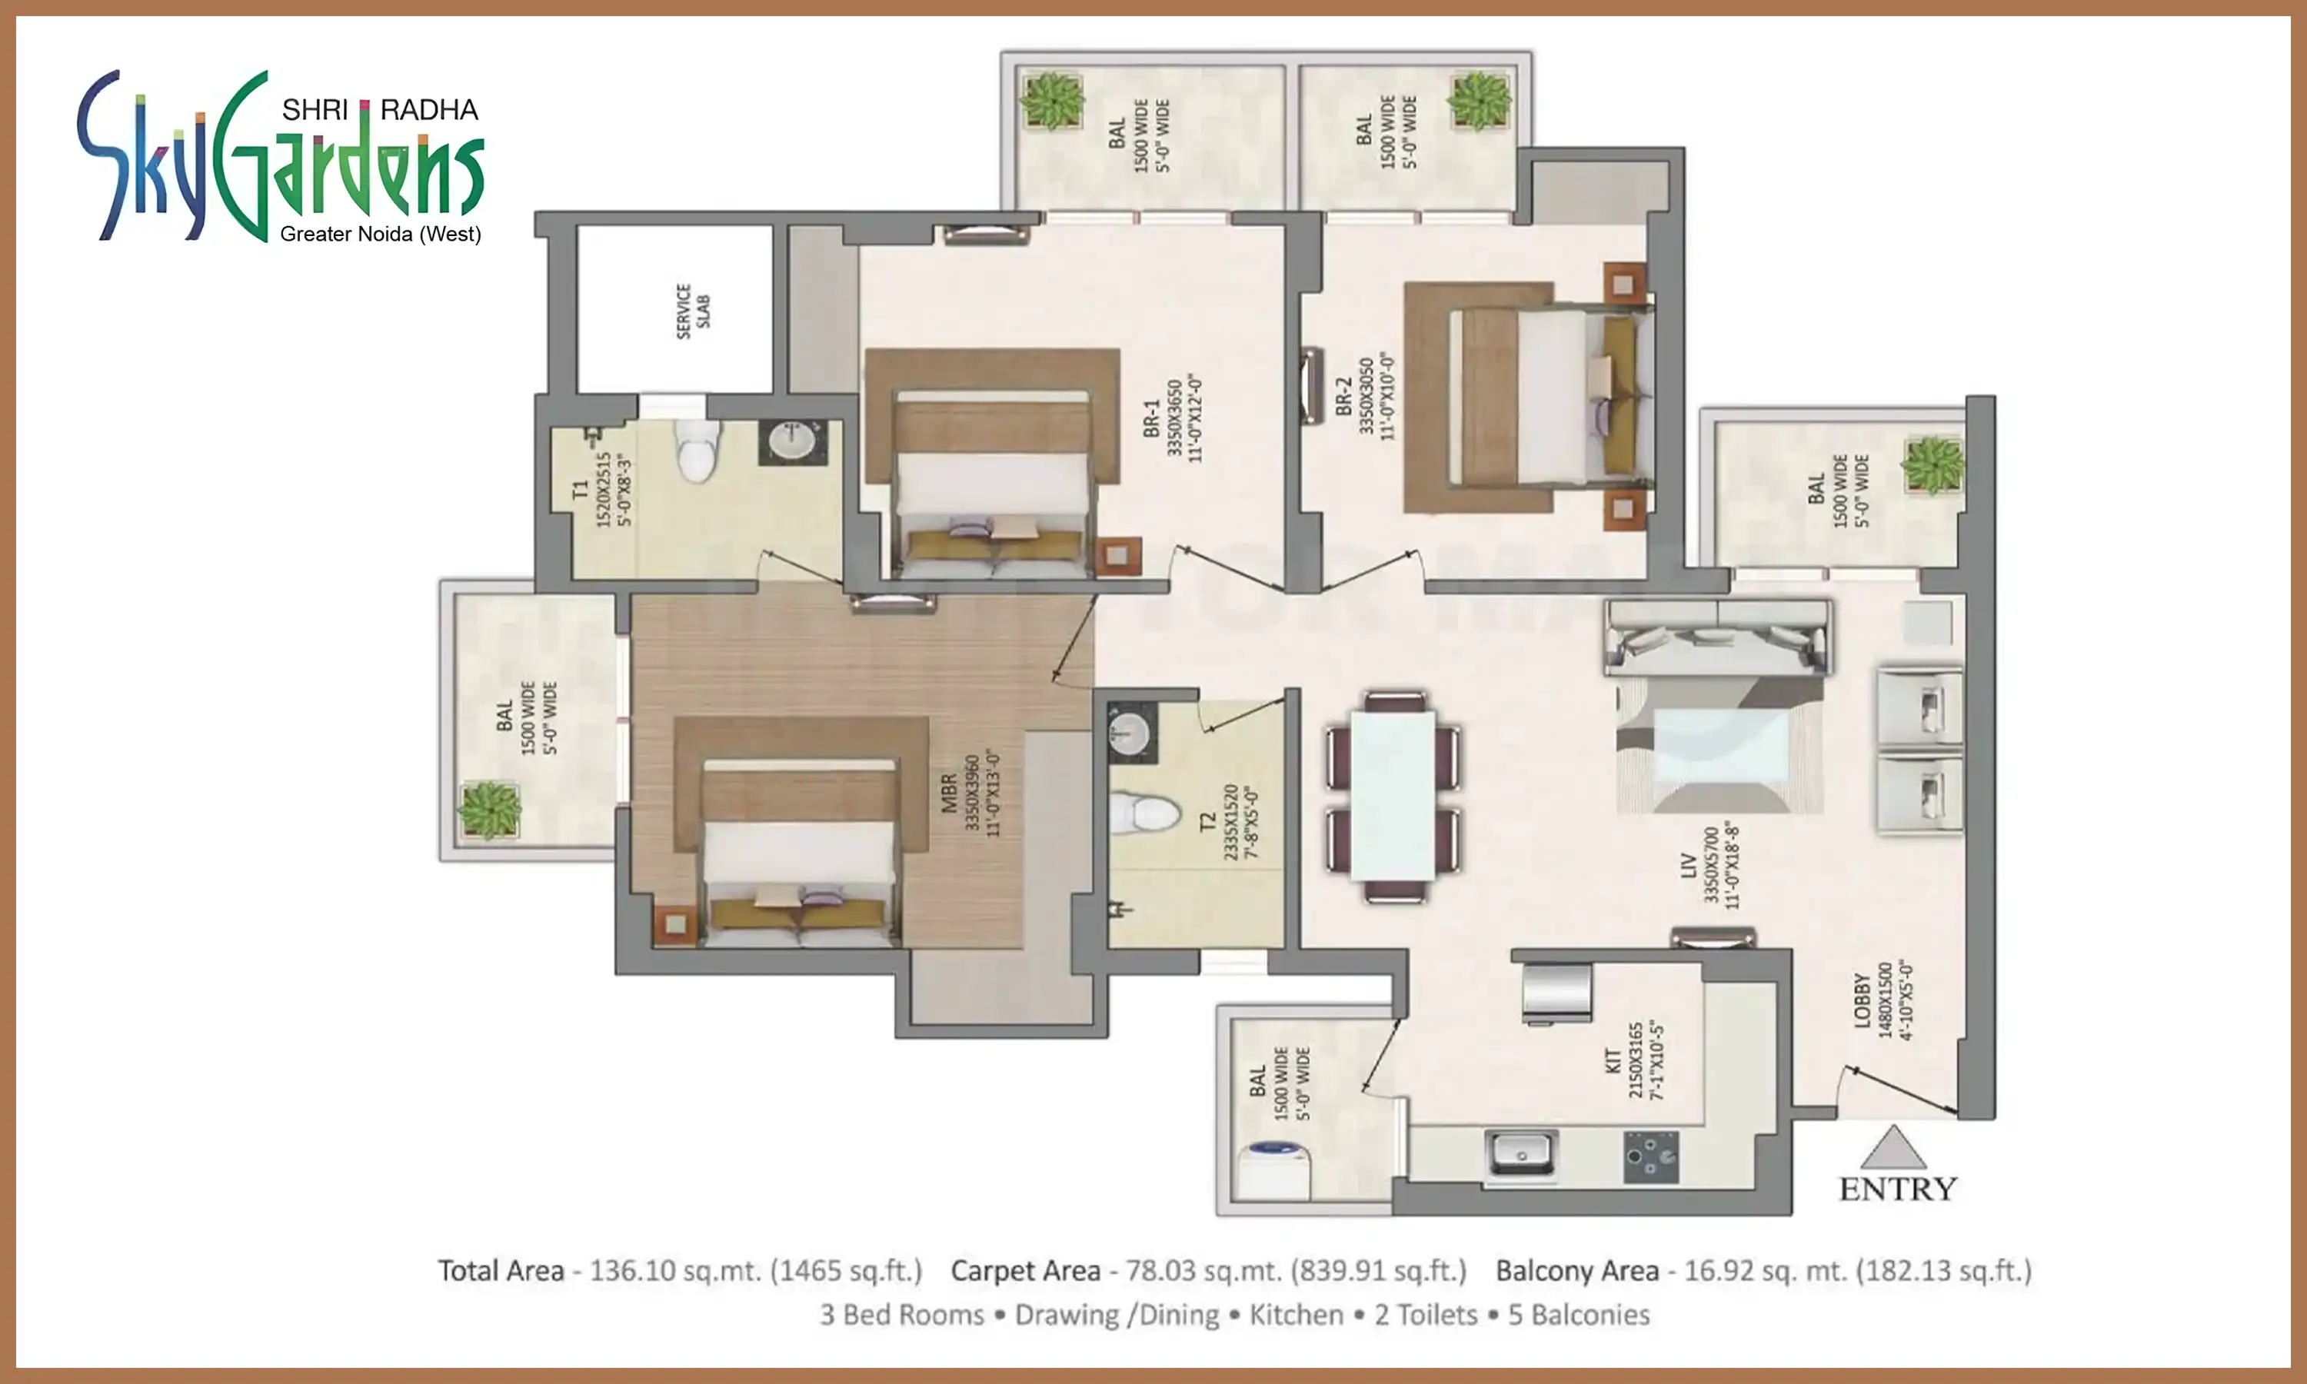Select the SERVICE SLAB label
693,311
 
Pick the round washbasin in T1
793,441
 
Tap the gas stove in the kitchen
1650,1157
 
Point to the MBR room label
949,793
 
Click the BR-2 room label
1343,396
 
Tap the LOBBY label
1863,1000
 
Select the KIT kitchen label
1613,1060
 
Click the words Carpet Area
1025,1270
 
